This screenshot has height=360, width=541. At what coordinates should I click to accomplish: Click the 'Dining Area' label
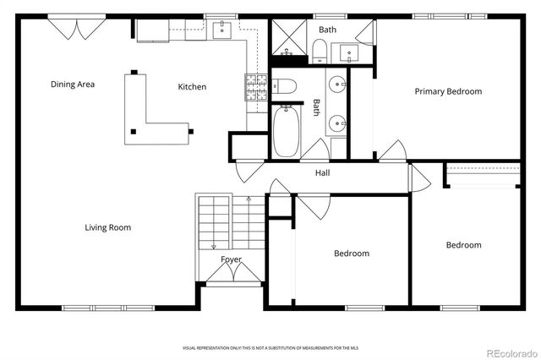(73, 84)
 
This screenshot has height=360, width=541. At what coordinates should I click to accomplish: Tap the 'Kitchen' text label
(192, 87)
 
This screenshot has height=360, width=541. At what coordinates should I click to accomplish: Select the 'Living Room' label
(107, 227)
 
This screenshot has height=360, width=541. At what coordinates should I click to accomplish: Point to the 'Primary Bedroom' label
(448, 91)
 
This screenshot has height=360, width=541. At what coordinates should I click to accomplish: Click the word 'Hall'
(323, 173)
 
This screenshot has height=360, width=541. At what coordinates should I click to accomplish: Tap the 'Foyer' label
(231, 259)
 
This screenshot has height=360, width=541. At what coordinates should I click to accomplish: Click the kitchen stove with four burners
(255, 87)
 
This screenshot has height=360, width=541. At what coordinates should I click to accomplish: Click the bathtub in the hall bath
(286, 131)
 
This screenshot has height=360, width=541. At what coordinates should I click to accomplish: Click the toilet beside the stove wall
(285, 86)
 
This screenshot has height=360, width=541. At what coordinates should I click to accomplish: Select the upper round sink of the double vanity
(337, 85)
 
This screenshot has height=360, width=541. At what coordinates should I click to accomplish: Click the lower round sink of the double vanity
(337, 123)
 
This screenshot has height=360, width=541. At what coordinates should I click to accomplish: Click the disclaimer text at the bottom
(270, 347)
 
